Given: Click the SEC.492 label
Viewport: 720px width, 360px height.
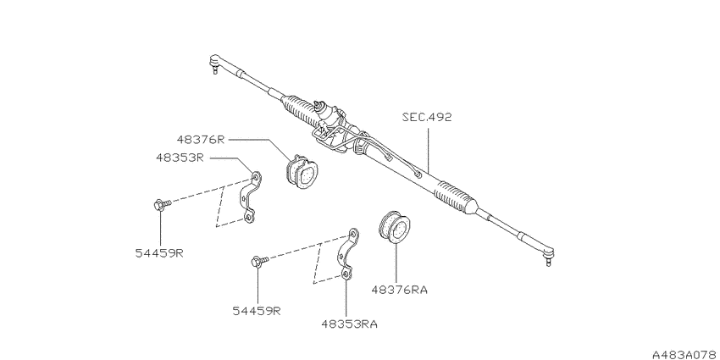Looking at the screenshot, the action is point(427,117).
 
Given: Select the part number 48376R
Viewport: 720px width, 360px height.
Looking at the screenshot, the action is point(201,140).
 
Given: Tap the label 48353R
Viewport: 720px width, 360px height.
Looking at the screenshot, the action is point(180,158).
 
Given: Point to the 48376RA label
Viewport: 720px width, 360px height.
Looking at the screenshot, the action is point(400,291).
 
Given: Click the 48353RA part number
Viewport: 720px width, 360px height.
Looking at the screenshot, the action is point(350,324).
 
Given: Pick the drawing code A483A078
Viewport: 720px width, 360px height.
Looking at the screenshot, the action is point(686,354).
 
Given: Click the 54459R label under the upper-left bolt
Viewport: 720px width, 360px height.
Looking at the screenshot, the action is point(159,253).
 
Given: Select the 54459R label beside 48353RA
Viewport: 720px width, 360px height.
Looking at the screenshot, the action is point(256,311).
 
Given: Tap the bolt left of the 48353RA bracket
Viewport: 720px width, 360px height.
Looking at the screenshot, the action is point(259,262).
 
